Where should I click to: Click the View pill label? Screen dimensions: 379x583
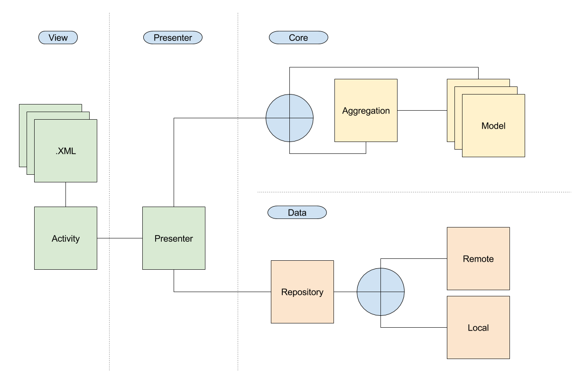click(x=58, y=38)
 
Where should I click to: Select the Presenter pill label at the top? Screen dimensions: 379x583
click(x=173, y=38)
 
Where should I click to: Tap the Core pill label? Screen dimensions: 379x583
click(x=298, y=38)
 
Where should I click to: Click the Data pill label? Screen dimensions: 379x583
click(x=297, y=213)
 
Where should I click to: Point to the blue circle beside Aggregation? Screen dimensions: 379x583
click(x=289, y=118)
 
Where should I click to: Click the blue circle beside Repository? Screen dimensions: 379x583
click(x=380, y=292)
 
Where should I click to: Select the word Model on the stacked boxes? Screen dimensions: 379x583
click(x=493, y=126)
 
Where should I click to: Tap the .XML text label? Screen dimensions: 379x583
click(x=65, y=152)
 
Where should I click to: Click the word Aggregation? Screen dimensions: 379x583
click(x=366, y=111)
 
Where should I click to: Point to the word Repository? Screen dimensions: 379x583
click(x=302, y=292)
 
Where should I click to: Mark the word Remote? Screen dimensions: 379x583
click(x=478, y=259)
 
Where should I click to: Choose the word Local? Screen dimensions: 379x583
click(x=478, y=328)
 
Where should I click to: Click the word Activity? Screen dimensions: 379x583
click(x=65, y=238)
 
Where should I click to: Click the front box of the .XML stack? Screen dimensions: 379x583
click(x=65, y=166)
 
